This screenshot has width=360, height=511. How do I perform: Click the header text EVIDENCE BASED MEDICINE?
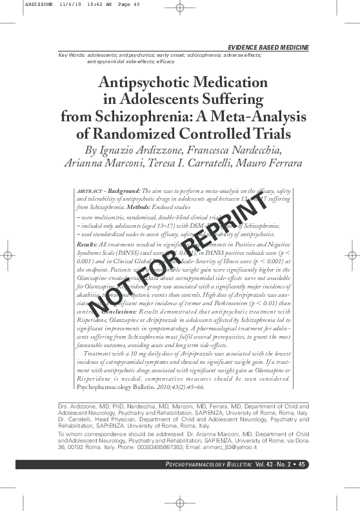(268, 48)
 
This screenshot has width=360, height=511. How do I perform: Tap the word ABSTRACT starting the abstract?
(87, 192)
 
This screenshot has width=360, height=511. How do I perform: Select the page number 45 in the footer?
(303, 482)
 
